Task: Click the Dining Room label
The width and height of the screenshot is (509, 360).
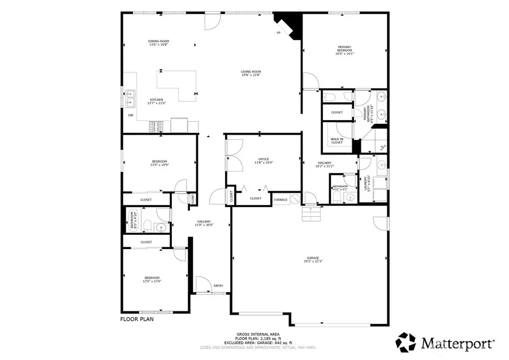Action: [159, 42]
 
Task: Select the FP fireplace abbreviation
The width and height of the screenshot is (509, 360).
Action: [278, 33]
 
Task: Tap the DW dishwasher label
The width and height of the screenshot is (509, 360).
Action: [130, 115]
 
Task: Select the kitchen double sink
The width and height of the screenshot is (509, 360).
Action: [130, 98]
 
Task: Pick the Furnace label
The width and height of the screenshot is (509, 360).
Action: [281, 199]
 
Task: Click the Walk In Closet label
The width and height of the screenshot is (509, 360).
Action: [337, 140]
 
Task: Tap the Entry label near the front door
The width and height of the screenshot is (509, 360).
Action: [218, 286]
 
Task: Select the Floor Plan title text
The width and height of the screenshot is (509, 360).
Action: [137, 319]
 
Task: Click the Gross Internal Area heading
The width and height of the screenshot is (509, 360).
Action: [255, 335]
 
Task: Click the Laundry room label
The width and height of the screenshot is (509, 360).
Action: [369, 184]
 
